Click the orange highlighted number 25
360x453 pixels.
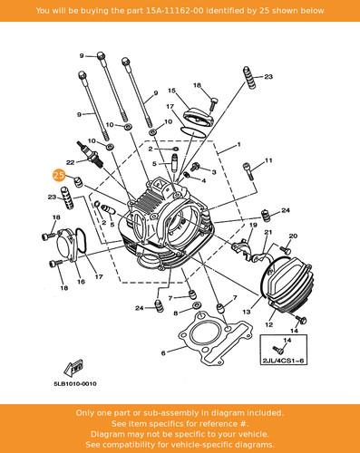tap(59, 176)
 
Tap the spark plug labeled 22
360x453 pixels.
tap(91, 154)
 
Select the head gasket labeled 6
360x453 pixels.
tap(215, 339)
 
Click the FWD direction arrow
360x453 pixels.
tap(73, 368)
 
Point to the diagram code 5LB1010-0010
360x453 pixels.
tap(75, 384)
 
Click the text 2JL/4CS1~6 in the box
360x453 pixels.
tap(283, 361)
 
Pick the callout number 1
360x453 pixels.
tap(238, 145)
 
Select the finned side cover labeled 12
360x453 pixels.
tap(286, 284)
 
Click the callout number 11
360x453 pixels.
tap(268, 160)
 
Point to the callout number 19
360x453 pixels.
tap(253, 225)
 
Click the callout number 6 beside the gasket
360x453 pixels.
tap(163, 352)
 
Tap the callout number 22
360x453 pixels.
tap(70, 162)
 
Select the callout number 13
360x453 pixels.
tap(247, 312)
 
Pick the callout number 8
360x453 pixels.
tap(176, 313)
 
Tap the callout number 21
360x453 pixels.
tap(268, 232)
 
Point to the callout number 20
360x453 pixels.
tap(293, 236)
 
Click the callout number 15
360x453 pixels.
tap(171, 91)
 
